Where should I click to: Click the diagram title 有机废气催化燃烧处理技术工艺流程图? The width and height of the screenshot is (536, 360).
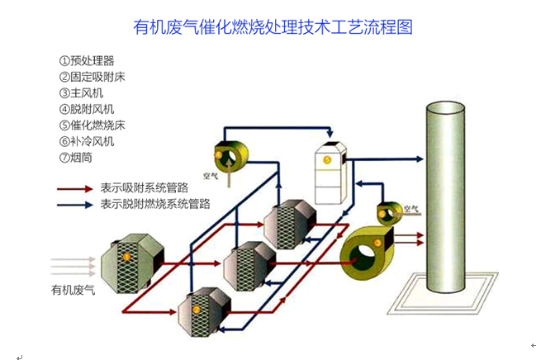click(273, 27)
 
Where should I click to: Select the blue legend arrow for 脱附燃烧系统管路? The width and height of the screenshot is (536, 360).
click(75, 203)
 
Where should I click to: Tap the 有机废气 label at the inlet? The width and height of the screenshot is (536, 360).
click(74, 290)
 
